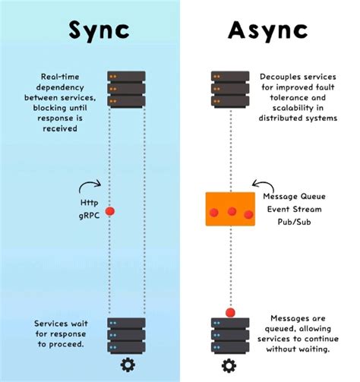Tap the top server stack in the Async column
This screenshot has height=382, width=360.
[229, 89]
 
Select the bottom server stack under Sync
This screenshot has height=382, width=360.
[126, 334]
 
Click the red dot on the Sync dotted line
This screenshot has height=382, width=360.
[109, 210]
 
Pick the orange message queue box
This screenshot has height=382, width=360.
[229, 209]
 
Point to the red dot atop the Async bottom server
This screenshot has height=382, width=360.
[229, 311]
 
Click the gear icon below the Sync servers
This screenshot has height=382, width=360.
[126, 365]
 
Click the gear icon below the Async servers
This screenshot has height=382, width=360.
[229, 365]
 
